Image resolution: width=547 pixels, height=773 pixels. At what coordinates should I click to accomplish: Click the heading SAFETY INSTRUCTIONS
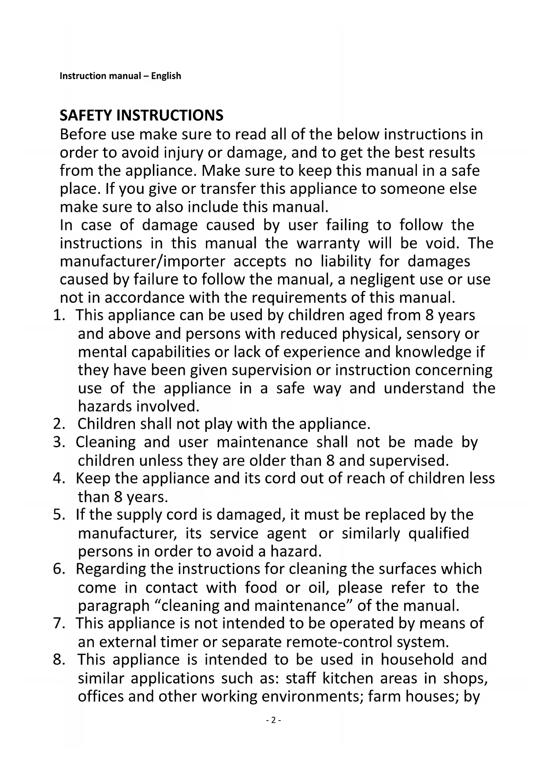[x=141, y=115]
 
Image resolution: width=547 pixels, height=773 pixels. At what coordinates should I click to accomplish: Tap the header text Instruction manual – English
[x=120, y=76]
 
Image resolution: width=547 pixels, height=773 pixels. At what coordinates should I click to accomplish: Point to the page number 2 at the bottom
[x=273, y=720]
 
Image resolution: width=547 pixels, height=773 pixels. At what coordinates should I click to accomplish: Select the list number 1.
[x=58, y=316]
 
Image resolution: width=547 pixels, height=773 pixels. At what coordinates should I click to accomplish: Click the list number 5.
[x=58, y=515]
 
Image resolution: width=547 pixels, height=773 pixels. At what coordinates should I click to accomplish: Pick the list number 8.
[x=58, y=660]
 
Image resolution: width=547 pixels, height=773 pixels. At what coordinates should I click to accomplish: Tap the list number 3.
[x=58, y=442]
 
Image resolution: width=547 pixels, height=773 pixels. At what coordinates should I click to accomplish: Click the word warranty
[x=328, y=243]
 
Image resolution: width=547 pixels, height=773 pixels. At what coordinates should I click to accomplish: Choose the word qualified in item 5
[x=439, y=533]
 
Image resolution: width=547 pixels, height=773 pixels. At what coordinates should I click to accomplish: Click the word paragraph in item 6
[x=114, y=606]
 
